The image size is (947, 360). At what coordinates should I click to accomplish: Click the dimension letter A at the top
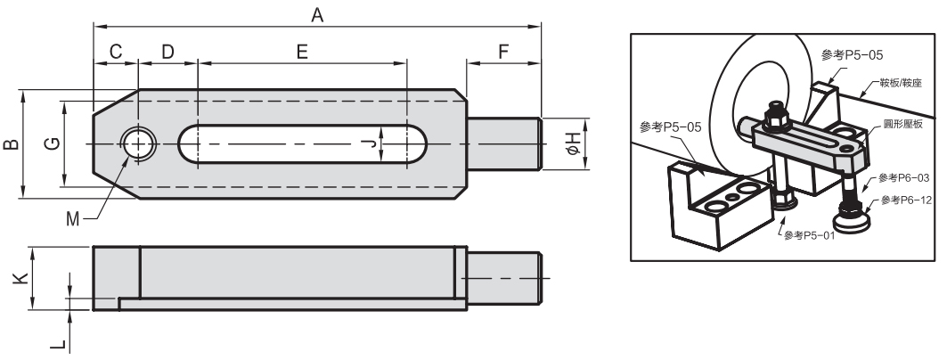(315, 14)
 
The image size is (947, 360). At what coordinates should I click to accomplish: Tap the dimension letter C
(116, 52)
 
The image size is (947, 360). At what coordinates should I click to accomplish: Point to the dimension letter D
(167, 52)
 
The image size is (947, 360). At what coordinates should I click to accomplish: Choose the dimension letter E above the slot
(302, 52)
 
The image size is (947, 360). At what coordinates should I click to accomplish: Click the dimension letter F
(503, 52)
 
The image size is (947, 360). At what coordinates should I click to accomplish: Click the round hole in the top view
(138, 143)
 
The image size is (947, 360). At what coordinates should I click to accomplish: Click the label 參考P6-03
(901, 178)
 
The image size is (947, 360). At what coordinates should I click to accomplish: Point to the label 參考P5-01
(809, 235)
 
